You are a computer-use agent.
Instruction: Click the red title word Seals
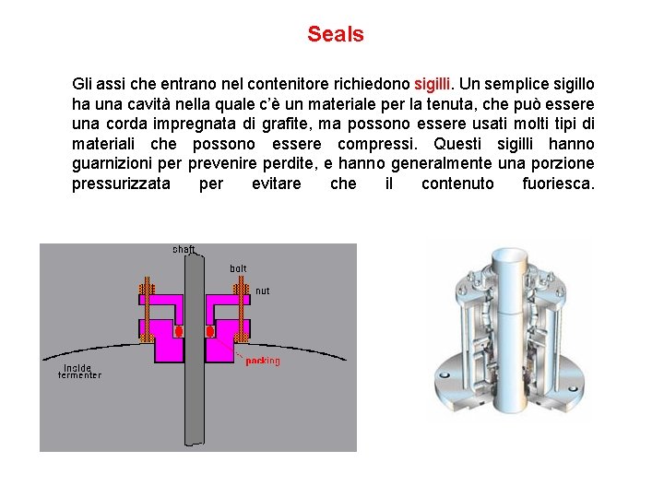coord(336,35)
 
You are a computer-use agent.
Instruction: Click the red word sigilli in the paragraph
coord(433,84)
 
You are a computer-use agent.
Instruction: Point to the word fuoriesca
coord(557,184)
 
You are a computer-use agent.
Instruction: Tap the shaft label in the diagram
coord(184,249)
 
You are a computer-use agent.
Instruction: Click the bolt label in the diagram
coord(238,268)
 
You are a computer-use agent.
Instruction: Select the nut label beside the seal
coord(262,290)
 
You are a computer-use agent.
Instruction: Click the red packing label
coord(263,361)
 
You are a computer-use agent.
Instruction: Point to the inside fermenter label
coord(79,370)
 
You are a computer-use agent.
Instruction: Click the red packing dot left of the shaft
coord(179,330)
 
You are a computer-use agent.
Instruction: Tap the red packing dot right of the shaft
coord(210,330)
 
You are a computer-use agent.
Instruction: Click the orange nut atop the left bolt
coord(146,288)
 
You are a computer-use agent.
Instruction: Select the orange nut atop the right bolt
coord(242,288)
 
